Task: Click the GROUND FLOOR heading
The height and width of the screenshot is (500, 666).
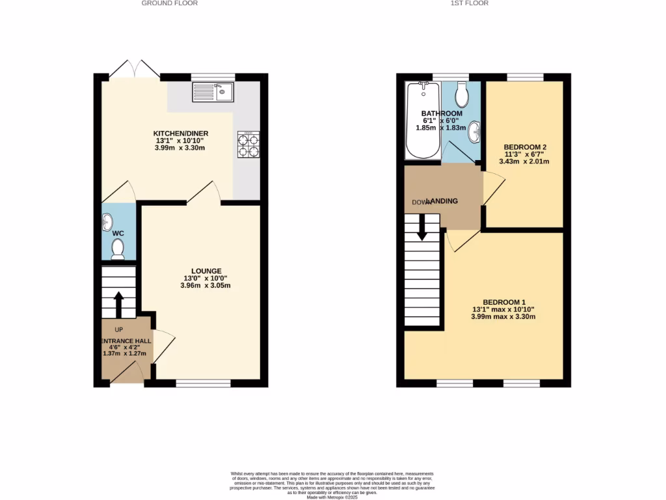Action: click(170, 3)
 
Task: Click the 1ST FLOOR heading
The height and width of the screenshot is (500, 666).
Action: click(469, 3)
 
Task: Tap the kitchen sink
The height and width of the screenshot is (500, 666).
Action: click(213, 92)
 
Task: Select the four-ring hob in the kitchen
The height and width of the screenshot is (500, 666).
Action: click(248, 144)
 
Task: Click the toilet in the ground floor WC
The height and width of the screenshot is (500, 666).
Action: click(118, 249)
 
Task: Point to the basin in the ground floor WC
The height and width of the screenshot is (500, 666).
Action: click(107, 223)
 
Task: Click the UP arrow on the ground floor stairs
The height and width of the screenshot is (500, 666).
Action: click(118, 304)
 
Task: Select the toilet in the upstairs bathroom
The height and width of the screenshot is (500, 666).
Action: click(462, 96)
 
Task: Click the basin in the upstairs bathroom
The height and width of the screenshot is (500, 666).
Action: click(476, 131)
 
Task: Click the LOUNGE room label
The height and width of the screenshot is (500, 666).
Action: click(206, 271)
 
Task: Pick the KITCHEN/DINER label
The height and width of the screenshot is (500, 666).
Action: click(180, 133)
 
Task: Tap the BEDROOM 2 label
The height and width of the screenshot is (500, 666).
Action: click(524, 147)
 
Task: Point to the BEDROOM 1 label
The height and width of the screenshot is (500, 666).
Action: click(503, 302)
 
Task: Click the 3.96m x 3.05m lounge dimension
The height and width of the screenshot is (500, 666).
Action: click(206, 285)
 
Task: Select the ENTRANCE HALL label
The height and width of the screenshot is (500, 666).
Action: click(126, 341)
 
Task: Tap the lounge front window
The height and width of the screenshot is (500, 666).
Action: click(203, 383)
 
